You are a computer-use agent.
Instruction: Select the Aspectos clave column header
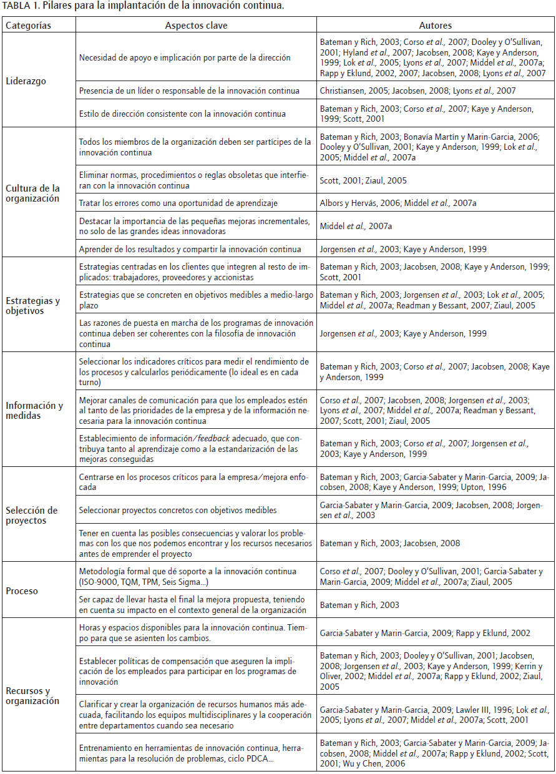pos(196,26)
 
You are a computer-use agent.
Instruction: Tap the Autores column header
pos(435,26)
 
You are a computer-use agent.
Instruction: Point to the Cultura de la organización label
pos(32,193)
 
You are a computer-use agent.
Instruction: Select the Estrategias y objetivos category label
pos(32,305)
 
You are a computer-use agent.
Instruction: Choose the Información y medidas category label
pos(34,409)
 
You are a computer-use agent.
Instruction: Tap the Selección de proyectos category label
pos(31,516)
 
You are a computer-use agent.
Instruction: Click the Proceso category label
pos(21,590)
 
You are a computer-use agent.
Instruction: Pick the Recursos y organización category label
pos(32,695)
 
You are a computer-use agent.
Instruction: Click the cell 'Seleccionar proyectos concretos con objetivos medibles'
pos(178,510)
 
